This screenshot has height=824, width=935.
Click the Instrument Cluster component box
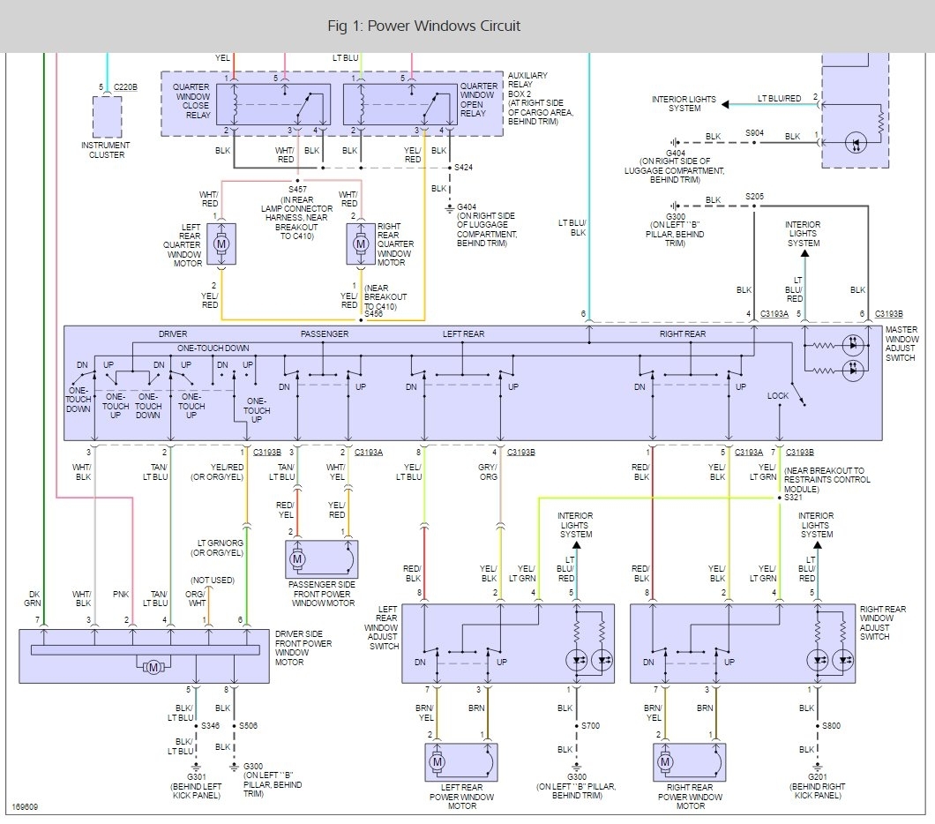tap(107, 116)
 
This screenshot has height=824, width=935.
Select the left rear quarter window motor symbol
tap(221, 243)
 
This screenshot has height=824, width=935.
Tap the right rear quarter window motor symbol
tap(360, 243)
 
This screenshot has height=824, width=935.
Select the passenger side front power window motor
tap(321, 558)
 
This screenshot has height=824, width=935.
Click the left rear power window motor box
tap(461, 762)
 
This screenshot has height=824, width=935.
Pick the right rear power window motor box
tap(690, 762)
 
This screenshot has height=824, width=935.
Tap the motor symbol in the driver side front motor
tap(153, 667)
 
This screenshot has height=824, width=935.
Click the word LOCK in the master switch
tap(778, 396)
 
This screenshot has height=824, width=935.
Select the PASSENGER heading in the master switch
tap(325, 334)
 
